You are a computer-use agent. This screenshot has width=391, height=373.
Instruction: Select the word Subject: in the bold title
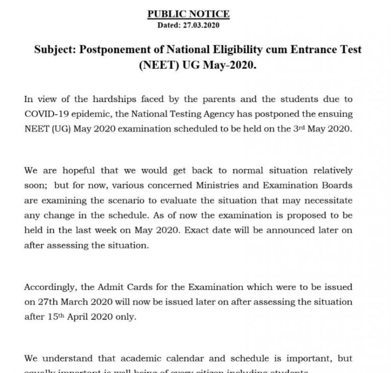pos(55,50)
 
